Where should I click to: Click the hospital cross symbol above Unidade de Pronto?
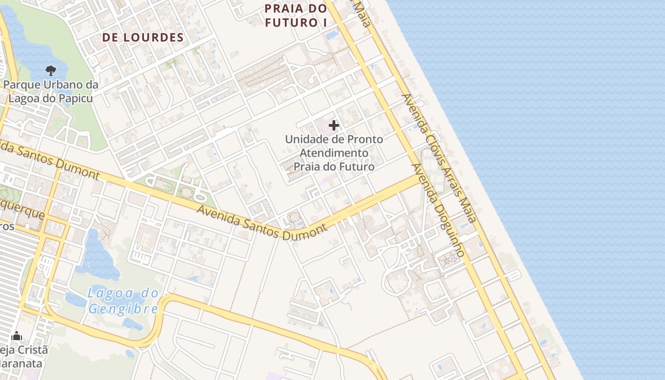[334, 125]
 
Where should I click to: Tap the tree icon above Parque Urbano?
[50, 71]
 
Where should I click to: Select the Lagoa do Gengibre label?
[123, 301]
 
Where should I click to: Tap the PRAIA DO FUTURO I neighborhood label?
[296, 15]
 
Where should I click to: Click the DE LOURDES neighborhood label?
[143, 38]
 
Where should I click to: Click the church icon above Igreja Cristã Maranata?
[17, 336]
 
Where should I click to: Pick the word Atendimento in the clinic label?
[334, 153]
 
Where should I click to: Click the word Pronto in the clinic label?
[365, 140]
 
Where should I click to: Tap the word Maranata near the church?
[21, 364]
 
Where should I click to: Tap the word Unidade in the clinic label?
[304, 140]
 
